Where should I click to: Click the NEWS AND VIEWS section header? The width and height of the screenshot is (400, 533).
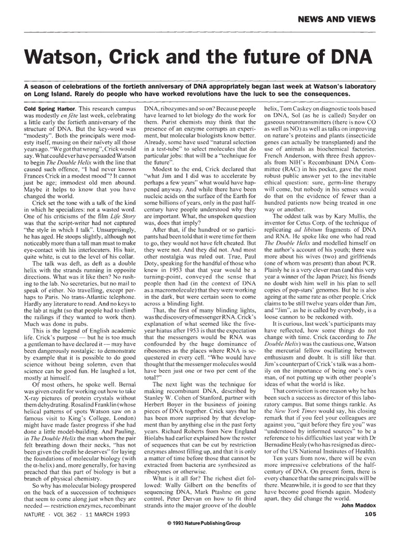click(336, 19)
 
